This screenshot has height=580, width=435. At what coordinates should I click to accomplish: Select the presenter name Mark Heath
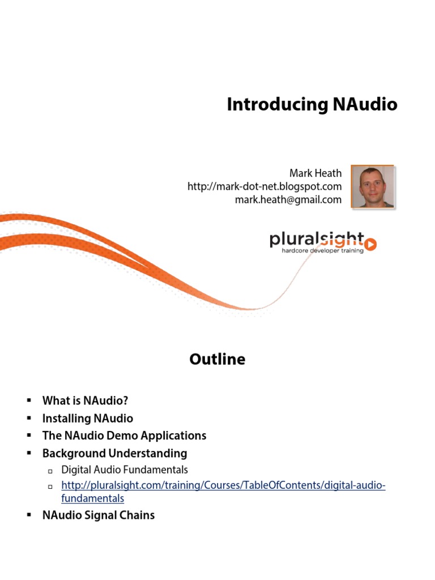pos(315,173)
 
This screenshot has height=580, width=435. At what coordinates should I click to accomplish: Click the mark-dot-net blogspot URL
pos(265,186)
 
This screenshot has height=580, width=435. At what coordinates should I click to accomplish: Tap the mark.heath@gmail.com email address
pos(288,199)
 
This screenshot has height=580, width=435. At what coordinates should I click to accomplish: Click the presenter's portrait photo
pos(373,186)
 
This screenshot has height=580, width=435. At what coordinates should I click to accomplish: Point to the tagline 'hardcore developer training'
pos(323,250)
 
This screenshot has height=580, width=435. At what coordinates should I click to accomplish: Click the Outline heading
pos(217,359)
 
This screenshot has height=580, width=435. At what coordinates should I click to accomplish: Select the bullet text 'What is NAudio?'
pos(85,401)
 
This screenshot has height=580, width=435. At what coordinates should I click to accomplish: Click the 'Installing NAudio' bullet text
pos(88,419)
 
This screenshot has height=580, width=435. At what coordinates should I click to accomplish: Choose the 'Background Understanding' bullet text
pos(114,453)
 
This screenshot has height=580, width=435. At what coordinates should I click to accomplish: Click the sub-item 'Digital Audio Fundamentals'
pos(125,470)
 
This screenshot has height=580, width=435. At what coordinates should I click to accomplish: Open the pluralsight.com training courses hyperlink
pos(223,485)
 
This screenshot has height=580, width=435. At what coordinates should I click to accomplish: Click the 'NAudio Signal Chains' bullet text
pos(99,515)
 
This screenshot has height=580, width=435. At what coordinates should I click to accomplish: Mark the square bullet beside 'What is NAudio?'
pos(28,401)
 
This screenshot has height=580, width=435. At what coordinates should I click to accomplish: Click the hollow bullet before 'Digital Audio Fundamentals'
pos(50,471)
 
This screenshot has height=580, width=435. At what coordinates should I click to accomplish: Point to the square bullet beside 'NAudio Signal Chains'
pos(28,515)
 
